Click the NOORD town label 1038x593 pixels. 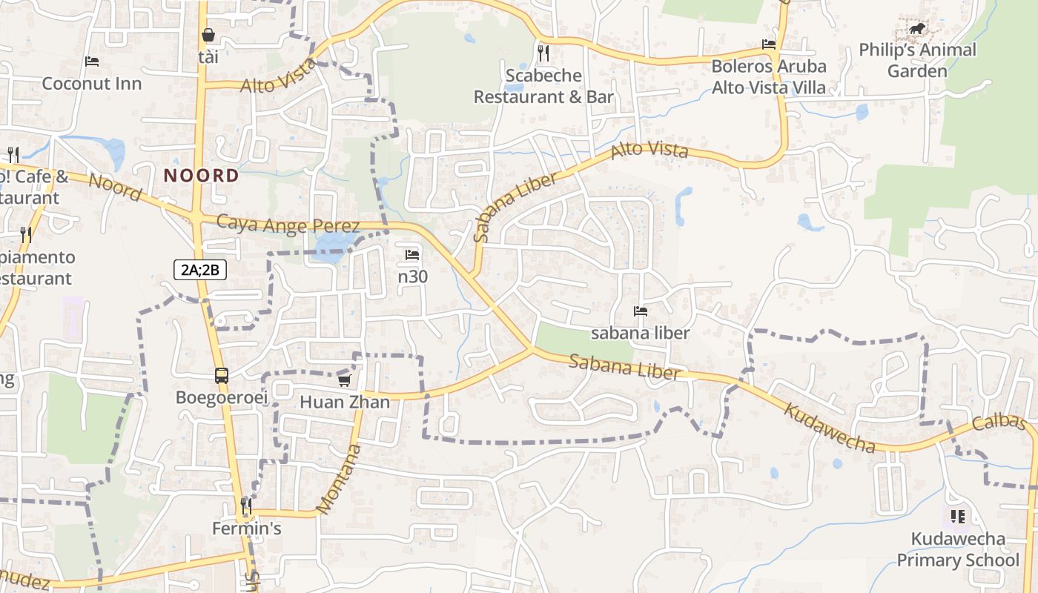pyautogui.click(x=202, y=176)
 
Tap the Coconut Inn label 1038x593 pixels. pyautogui.click(x=91, y=83)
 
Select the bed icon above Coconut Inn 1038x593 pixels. pyautogui.click(x=92, y=61)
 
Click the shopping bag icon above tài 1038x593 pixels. pyautogui.click(x=208, y=35)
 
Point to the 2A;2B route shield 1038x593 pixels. pyautogui.click(x=200, y=270)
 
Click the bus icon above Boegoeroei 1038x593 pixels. pyautogui.click(x=222, y=375)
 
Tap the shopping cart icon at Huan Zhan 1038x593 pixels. pyautogui.click(x=344, y=380)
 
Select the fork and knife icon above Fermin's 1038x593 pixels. pyautogui.click(x=246, y=506)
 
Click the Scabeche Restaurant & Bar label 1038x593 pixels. pyautogui.click(x=543, y=86)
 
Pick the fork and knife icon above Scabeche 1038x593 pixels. pyautogui.click(x=543, y=53)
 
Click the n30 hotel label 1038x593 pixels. pyautogui.click(x=413, y=276)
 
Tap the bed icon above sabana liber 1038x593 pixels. pyautogui.click(x=641, y=311)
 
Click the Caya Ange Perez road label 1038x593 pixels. pyautogui.click(x=288, y=225)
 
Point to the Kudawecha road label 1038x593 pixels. pyautogui.click(x=830, y=428)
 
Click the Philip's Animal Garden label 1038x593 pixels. pyautogui.click(x=917, y=61)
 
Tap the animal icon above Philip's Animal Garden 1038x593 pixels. pyautogui.click(x=917, y=30)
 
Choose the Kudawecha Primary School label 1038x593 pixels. pyautogui.click(x=958, y=549)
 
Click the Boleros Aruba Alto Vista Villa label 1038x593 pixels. pyautogui.click(x=769, y=76)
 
